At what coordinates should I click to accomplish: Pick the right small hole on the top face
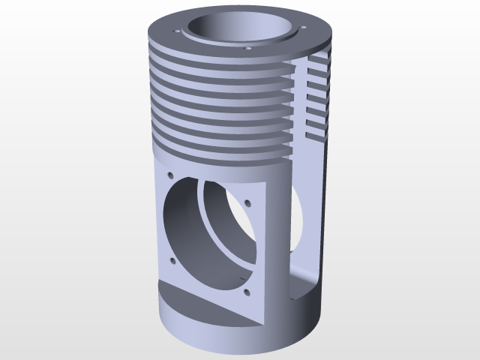(x=304, y=29)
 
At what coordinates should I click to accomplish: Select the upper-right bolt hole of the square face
(x=247, y=201)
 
